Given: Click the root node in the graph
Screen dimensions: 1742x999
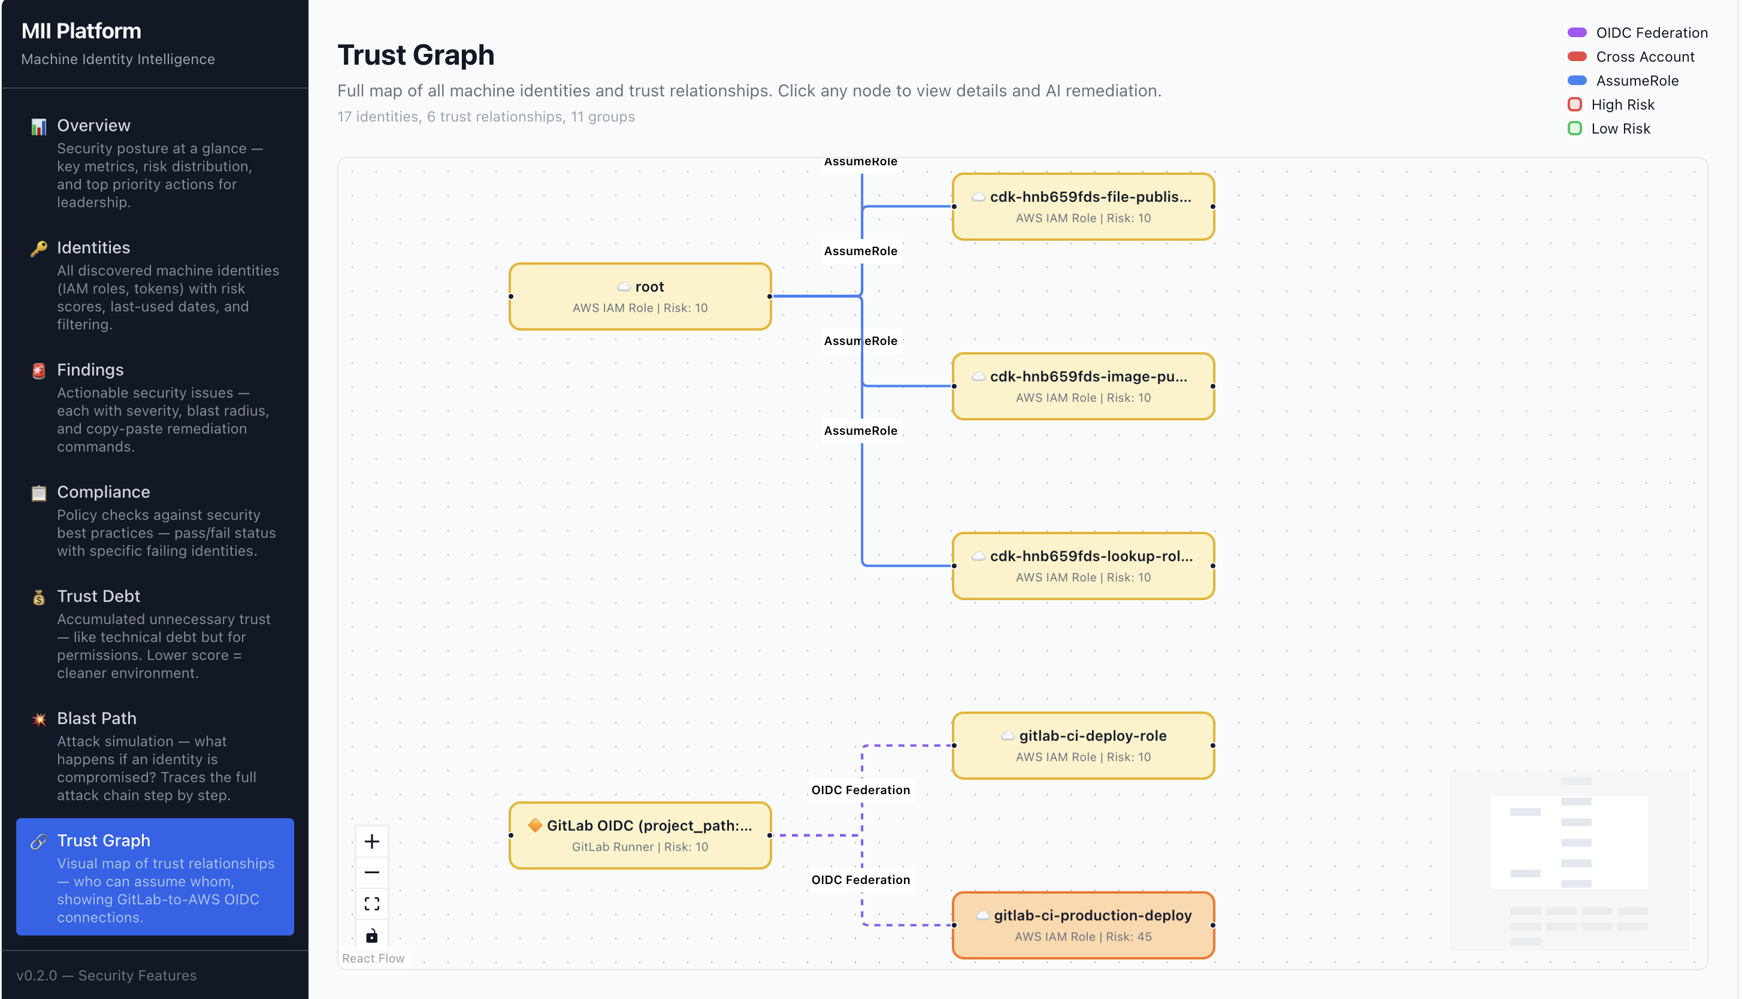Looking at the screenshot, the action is (639, 296).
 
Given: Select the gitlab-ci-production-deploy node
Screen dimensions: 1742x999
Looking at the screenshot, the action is (1083, 925).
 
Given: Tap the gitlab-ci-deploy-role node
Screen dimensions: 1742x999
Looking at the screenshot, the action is (1083, 745).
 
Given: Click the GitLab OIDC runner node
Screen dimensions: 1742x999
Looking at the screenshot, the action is (639, 835).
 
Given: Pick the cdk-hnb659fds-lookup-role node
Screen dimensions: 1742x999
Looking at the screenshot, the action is (1083, 565).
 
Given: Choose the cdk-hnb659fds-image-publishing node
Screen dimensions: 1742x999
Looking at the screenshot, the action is (1083, 386).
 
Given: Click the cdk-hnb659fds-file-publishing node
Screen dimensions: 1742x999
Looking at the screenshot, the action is (1083, 207).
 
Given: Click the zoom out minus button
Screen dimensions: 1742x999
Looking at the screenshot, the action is (372, 872).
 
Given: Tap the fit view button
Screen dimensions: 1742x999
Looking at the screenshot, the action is (372, 904).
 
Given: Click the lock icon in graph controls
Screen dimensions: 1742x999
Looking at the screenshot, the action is (372, 935).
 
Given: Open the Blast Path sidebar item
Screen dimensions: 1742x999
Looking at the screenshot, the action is (96, 718).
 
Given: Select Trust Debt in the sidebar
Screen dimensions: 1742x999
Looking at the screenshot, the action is (98, 597).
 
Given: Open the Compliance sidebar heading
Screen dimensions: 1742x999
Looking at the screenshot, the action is (104, 492).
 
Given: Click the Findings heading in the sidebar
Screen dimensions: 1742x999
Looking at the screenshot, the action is (90, 370).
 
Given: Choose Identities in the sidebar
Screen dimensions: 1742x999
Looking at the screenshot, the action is (93, 248).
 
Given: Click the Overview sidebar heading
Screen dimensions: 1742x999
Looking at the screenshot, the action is (93, 126).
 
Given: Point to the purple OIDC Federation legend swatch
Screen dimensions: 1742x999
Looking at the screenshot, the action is (1577, 32).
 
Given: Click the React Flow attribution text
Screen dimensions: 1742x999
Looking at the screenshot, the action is (373, 958).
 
